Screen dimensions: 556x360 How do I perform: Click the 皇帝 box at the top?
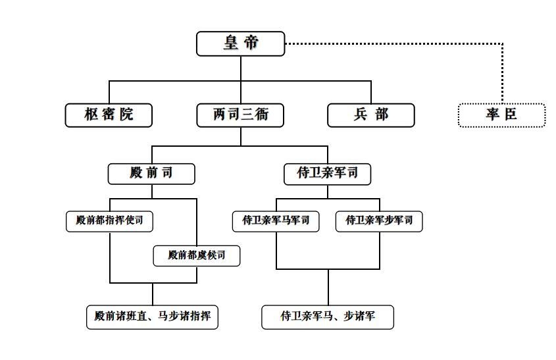coord(240,43)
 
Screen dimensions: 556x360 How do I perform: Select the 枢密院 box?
coord(109,115)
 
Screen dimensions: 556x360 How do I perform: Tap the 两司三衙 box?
coord(240,115)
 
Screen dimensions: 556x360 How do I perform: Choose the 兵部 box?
coord(371,115)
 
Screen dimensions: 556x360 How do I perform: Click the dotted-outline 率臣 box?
coord(502,115)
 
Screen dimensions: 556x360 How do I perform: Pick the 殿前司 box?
coord(151,174)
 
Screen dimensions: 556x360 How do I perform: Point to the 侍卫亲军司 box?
coord(327,174)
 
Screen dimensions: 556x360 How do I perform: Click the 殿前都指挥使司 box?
coord(110,221)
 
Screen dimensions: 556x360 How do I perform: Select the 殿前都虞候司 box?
coord(197,255)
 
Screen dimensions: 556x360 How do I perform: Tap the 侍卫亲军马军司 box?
coord(276,221)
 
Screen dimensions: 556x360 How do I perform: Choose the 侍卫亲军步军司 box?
coord(379,221)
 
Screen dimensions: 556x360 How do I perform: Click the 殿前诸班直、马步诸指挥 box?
coord(152,317)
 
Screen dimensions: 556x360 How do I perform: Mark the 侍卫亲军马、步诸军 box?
coord(328,317)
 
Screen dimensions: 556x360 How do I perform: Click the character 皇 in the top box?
coord(230,43)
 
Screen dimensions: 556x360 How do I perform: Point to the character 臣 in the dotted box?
coord(511,115)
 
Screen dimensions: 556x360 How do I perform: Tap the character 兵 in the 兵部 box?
coord(361,115)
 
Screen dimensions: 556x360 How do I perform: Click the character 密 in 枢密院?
coord(109,115)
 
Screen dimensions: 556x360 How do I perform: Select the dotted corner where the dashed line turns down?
coord(502,44)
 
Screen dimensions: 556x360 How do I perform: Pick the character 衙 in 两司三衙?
coord(262,115)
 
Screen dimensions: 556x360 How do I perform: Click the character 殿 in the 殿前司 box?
coord(136,172)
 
